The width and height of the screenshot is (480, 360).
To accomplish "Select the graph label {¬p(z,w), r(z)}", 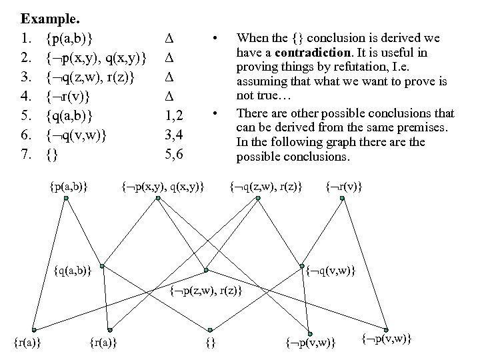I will pos(205,291).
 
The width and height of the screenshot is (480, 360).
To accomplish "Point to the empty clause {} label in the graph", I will pos(210,343).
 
